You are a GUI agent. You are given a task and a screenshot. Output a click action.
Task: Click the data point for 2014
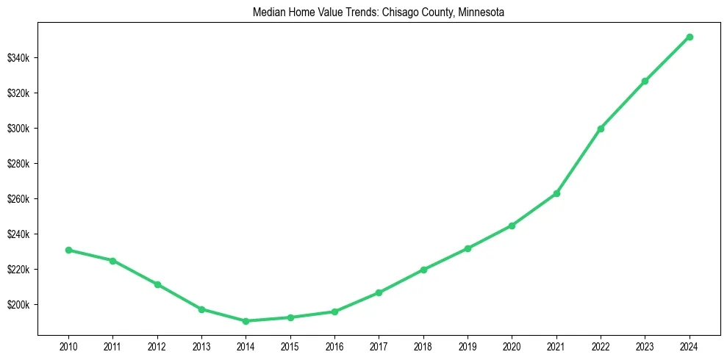pos(246,321)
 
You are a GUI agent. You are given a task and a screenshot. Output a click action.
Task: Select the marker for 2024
pos(690,37)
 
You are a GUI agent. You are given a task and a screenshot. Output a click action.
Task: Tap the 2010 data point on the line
pos(68,250)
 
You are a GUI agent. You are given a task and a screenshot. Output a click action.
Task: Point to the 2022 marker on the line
pos(601,129)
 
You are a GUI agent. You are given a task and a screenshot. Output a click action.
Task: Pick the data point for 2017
pos(379,292)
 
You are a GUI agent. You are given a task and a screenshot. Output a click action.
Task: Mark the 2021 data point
pos(556,193)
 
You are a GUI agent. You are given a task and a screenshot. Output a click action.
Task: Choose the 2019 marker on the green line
pos(468,248)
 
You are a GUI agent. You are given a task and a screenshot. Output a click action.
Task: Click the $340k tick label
pos(18,58)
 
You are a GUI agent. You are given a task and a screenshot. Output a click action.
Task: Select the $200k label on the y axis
pos(18,305)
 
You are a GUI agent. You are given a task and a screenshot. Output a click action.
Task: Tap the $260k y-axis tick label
pos(18,199)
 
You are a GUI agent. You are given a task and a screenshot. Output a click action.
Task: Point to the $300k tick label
pos(18,129)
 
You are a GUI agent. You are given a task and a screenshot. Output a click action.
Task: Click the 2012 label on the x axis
pos(157,345)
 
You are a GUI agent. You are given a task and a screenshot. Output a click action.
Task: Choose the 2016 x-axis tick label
pos(334,345)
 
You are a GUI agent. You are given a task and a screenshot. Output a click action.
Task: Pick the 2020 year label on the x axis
pos(512,345)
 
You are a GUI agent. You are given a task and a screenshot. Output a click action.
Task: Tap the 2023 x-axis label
pos(645,345)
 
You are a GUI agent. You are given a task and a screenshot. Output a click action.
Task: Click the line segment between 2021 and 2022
pos(579,161)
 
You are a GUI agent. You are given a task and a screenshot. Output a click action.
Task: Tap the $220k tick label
pos(18,270)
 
